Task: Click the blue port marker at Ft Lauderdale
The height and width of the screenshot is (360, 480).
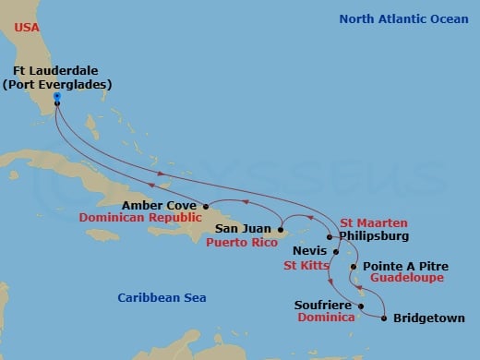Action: click(56, 95)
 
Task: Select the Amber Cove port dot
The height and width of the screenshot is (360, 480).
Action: click(205, 206)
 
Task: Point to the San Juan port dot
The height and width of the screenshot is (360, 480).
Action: click(280, 227)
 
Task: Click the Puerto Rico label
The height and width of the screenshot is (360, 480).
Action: click(242, 243)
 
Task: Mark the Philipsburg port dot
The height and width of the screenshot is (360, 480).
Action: click(329, 235)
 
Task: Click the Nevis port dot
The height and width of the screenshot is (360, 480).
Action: click(322, 250)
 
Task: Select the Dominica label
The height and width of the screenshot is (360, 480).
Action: click(327, 317)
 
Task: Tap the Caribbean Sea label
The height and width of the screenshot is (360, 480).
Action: click(162, 297)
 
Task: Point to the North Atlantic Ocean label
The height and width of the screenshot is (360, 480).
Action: click(403, 18)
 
